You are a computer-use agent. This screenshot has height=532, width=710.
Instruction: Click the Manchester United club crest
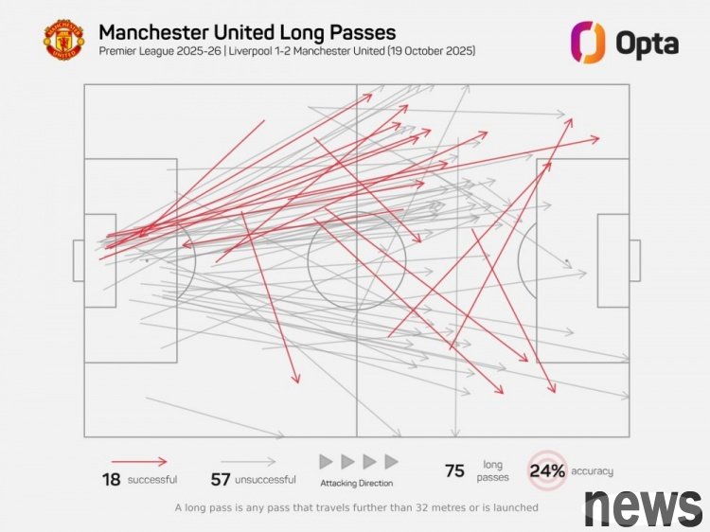click(x=63, y=41)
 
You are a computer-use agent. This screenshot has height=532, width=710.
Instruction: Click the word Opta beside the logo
click(x=647, y=42)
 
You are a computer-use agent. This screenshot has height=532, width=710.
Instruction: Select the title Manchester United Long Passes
click(x=247, y=33)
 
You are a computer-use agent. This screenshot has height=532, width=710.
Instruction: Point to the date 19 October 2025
click(x=425, y=51)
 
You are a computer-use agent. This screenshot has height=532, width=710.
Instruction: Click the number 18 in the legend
click(x=112, y=479)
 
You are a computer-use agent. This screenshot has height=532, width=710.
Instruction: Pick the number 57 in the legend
click(x=220, y=479)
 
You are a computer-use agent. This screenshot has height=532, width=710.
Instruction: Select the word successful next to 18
click(x=153, y=480)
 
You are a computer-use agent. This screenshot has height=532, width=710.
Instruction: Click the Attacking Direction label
click(x=357, y=484)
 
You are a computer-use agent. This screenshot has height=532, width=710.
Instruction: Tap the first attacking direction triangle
click(x=326, y=462)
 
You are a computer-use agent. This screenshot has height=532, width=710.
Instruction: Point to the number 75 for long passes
click(x=454, y=470)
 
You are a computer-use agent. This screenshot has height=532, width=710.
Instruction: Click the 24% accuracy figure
click(x=547, y=470)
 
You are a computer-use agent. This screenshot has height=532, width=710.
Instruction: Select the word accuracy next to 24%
click(x=592, y=470)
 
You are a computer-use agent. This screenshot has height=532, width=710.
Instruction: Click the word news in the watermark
click(x=643, y=507)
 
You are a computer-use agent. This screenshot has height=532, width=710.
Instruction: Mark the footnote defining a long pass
click(x=356, y=507)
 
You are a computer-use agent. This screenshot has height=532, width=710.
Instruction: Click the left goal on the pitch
click(x=79, y=260)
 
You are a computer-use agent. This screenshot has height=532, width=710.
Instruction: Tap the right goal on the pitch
click(x=634, y=260)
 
